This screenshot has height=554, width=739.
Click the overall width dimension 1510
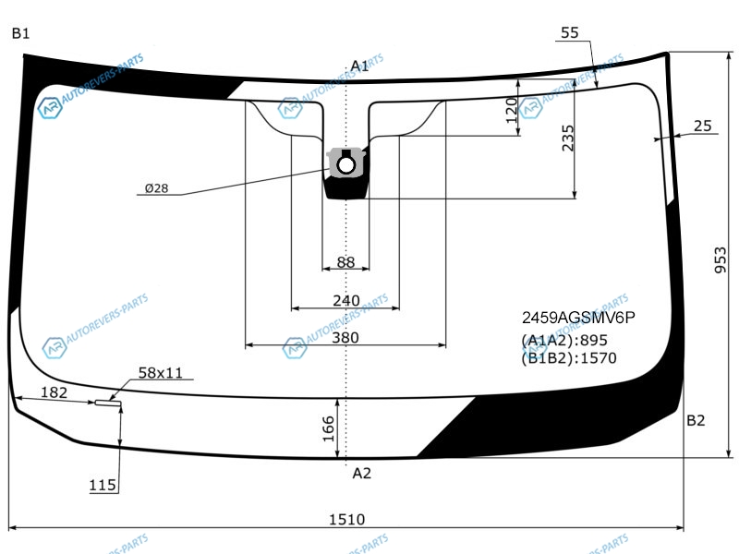(x=345, y=519)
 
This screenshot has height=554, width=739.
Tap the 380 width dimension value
(x=345, y=337)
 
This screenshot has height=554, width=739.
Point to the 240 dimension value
(x=345, y=300)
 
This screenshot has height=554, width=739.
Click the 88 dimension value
(x=345, y=262)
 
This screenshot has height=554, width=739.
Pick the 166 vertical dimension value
(x=329, y=428)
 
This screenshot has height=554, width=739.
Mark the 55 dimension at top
(x=569, y=33)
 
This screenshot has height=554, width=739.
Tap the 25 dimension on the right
(x=702, y=126)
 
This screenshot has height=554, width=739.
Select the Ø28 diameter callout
(x=156, y=188)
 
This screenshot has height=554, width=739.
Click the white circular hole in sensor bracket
(x=346, y=165)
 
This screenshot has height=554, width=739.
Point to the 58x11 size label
(x=161, y=373)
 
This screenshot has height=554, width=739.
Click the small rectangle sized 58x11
(x=107, y=403)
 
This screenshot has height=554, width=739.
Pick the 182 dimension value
(x=55, y=392)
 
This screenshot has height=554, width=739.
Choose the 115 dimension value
(x=103, y=485)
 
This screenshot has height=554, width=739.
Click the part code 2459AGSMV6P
(x=579, y=319)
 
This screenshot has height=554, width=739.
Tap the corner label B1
(x=20, y=34)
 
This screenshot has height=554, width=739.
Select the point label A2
(x=361, y=474)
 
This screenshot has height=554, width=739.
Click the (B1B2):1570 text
(x=569, y=358)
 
